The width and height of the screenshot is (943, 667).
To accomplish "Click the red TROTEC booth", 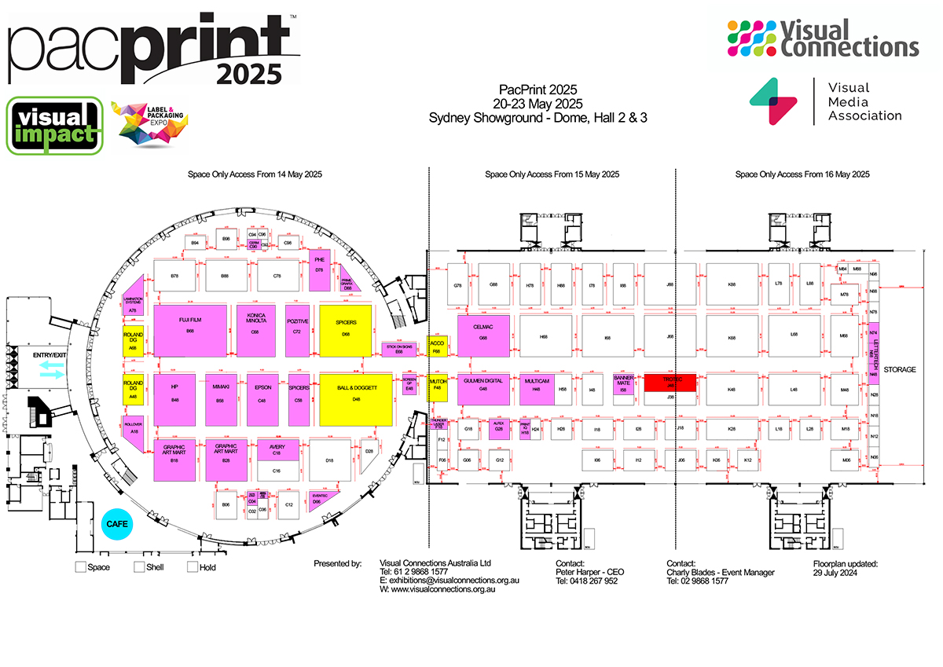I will click(x=670, y=383).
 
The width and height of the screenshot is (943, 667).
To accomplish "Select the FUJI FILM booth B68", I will click(x=190, y=330).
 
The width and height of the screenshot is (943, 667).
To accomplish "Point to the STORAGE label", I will click(x=899, y=369).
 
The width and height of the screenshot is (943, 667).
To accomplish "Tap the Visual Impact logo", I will click(x=54, y=125).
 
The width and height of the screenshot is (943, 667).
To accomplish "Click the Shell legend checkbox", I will click(x=139, y=566).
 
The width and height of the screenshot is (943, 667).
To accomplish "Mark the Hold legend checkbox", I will click(x=192, y=566).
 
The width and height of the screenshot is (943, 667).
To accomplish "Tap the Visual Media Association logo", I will click(x=825, y=102).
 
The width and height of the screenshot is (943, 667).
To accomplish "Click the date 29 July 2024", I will click(x=835, y=573).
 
